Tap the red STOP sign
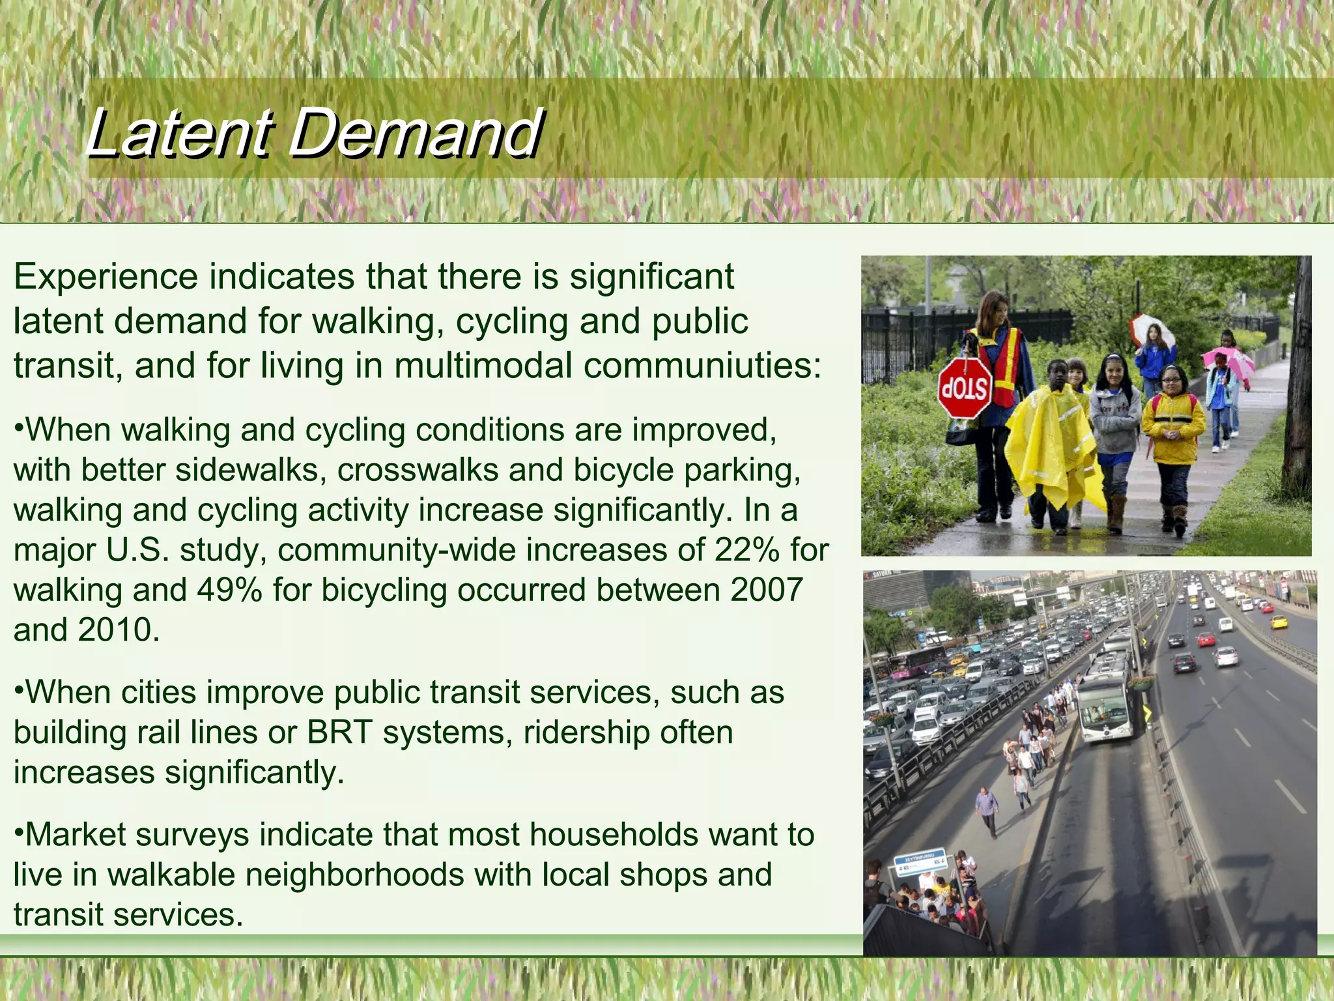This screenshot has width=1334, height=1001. [x=965, y=388]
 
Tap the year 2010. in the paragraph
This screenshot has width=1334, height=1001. [x=119, y=630]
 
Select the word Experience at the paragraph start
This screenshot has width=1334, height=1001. [x=106, y=276]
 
